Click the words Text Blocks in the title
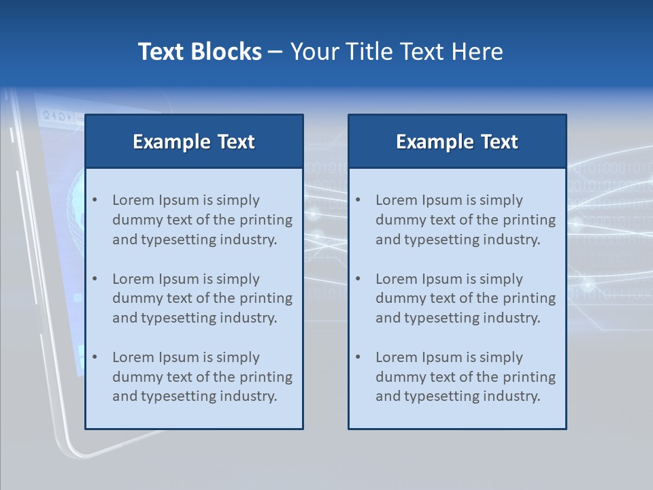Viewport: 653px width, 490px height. tap(199, 52)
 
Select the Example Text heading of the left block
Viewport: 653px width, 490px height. tap(194, 142)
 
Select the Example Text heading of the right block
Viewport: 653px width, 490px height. tap(457, 142)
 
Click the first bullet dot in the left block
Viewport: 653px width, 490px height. tap(95, 200)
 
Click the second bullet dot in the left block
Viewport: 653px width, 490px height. tap(95, 279)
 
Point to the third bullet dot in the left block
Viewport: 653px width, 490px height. tap(95, 357)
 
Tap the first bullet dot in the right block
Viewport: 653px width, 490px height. tap(358, 200)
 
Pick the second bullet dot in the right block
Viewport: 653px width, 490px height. tap(358, 279)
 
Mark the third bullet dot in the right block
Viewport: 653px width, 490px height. tap(358, 357)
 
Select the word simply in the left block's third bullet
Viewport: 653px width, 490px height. tap(238, 357)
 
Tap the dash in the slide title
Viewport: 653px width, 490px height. tap(276, 52)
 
